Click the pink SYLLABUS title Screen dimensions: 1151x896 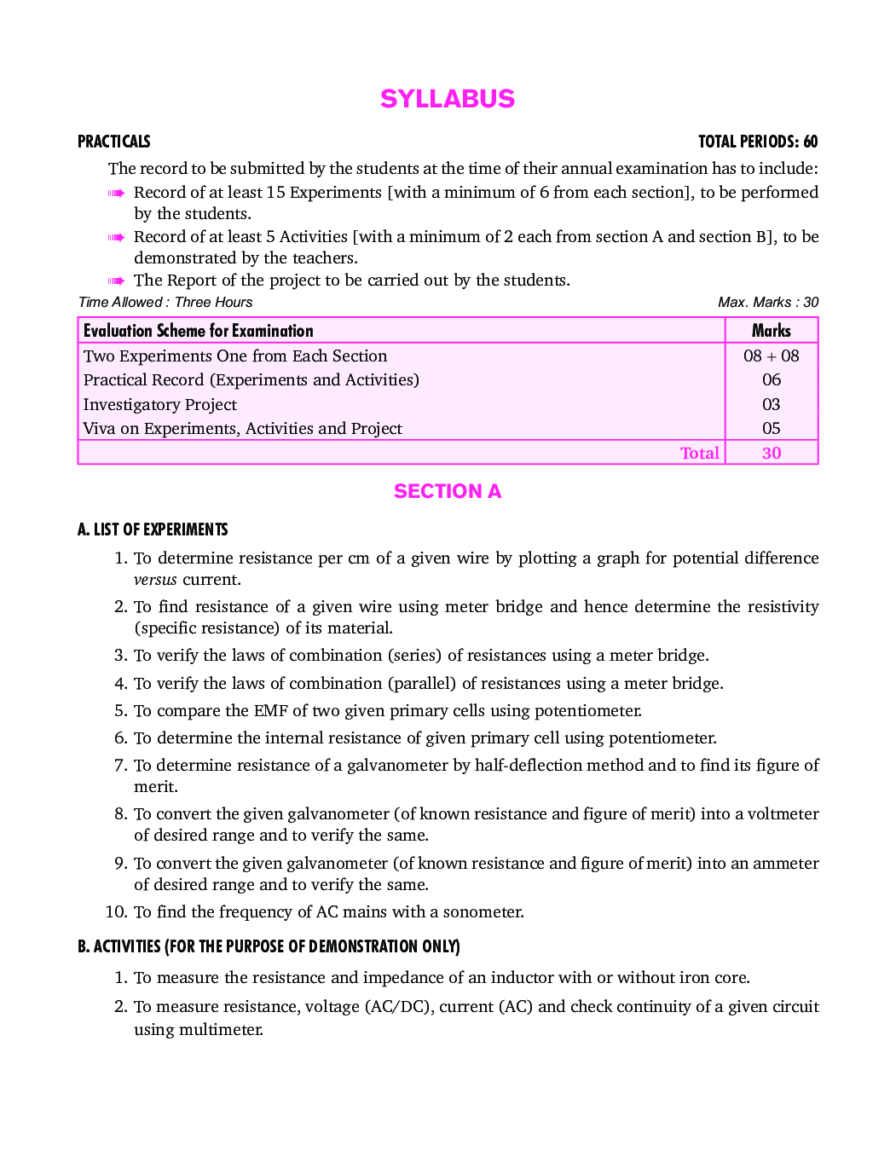pyautogui.click(x=448, y=99)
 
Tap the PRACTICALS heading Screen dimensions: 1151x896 pyautogui.click(x=113, y=142)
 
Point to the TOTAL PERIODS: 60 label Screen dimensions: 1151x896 pyautogui.click(x=758, y=142)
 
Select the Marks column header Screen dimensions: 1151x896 pyautogui.click(x=771, y=331)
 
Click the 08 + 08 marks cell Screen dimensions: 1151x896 pyautogui.click(x=771, y=356)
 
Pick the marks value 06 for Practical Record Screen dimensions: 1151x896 pyautogui.click(x=771, y=379)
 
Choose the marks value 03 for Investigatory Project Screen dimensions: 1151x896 pyautogui.click(x=771, y=404)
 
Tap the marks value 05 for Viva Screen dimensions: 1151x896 pyautogui.click(x=771, y=428)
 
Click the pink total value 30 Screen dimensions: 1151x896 pyautogui.click(x=771, y=453)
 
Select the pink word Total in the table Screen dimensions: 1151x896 pyautogui.click(x=699, y=453)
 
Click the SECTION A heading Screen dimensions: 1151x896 pyautogui.click(x=448, y=491)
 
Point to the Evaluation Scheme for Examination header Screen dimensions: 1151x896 pyautogui.click(x=198, y=331)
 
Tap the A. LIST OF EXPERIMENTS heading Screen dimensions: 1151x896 pyautogui.click(x=153, y=529)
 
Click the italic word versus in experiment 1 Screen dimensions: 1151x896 pyautogui.click(x=155, y=580)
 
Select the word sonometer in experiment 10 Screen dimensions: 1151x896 pyautogui.click(x=482, y=912)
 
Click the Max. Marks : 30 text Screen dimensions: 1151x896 pyautogui.click(x=767, y=303)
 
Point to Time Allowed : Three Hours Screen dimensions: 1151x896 pyautogui.click(x=165, y=303)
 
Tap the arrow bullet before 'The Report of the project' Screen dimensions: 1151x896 pyautogui.click(x=117, y=281)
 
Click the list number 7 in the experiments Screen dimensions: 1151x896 pyautogui.click(x=120, y=766)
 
